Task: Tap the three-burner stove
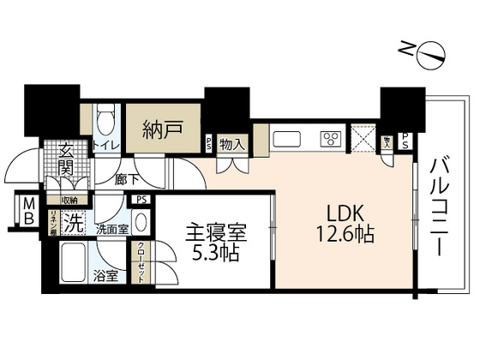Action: point(328,139)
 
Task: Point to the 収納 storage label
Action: point(69,201)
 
